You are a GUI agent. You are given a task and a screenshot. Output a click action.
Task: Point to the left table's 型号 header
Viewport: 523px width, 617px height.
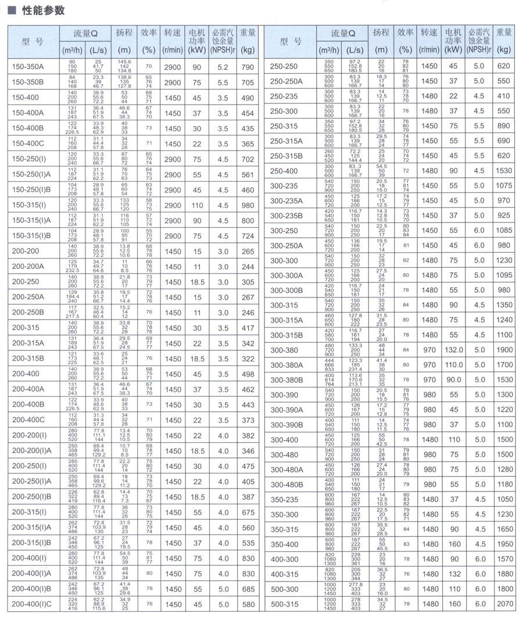pyautogui.click(x=32, y=42)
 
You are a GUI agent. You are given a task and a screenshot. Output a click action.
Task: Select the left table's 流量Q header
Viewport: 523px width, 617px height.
pyautogui.click(x=85, y=33)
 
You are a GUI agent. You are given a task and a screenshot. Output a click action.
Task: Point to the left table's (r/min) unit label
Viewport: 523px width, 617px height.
pyautogui.click(x=173, y=50)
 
